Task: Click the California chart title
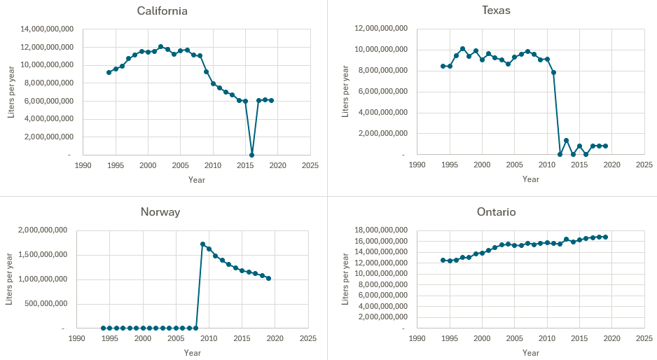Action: click(163, 11)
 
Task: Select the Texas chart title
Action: click(496, 11)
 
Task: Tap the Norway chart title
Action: click(160, 212)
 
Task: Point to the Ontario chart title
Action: click(497, 212)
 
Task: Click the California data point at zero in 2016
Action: click(251, 155)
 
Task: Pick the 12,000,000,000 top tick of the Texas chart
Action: click(382, 29)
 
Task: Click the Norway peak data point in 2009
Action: click(202, 244)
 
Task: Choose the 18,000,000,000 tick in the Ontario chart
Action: click(382, 230)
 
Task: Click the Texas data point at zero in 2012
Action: click(560, 154)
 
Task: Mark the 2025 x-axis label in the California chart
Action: click(310, 165)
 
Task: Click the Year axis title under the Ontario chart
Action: click(530, 353)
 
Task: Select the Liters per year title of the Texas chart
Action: click(345, 91)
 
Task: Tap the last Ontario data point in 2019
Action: click(605, 237)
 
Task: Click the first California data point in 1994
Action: click(109, 72)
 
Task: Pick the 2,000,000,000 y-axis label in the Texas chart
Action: click(385, 134)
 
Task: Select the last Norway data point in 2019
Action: click(268, 278)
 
